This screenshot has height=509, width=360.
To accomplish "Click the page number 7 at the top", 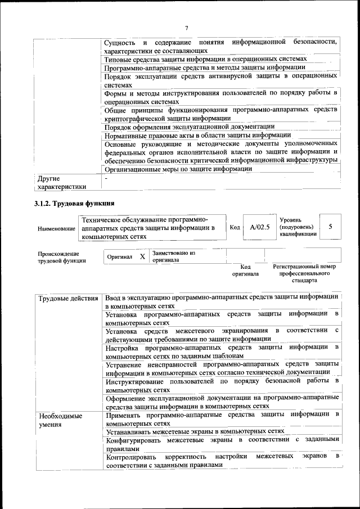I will [186, 28].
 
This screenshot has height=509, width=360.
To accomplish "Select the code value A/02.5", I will [260, 227].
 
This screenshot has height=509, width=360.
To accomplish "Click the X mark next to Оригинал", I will [142, 256].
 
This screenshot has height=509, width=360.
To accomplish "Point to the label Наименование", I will [56, 229].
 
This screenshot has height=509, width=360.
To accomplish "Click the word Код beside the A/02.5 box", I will [235, 227].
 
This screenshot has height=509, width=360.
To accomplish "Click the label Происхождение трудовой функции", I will [62, 256].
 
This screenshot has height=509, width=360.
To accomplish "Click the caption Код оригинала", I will [245, 271].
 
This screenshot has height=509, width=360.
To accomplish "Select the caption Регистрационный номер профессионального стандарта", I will [304, 273].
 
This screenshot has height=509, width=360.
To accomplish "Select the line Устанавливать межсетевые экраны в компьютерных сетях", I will [195, 431].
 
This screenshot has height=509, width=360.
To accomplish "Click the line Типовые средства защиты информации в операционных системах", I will [206, 58].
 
